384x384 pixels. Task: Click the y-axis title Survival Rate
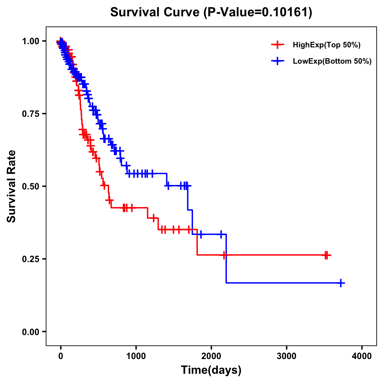pyautogui.click(x=12, y=186)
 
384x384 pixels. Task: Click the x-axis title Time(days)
pyautogui.click(x=211, y=370)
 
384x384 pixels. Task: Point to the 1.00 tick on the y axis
pyautogui.click(x=30, y=41)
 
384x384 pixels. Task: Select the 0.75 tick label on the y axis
pyautogui.click(x=30, y=114)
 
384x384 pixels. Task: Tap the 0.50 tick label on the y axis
pyautogui.click(x=30, y=186)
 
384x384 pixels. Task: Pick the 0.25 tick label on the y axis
pyautogui.click(x=30, y=259)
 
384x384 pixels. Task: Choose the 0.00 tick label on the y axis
pyautogui.click(x=30, y=332)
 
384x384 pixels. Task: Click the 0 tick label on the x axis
pyautogui.click(x=61, y=356)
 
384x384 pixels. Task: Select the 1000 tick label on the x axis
pyautogui.click(x=136, y=356)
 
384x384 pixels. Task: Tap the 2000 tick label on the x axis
pyautogui.click(x=211, y=356)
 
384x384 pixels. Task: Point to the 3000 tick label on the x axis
pyautogui.click(x=286, y=356)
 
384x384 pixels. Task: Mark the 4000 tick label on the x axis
pyautogui.click(x=362, y=356)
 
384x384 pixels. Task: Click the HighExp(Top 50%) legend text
pyautogui.click(x=327, y=45)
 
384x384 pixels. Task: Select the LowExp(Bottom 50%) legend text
pyautogui.click(x=332, y=61)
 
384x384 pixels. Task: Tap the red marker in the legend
pyautogui.click(x=277, y=45)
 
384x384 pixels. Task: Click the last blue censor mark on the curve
pyautogui.click(x=341, y=283)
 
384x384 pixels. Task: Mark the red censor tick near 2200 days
pyautogui.click(x=225, y=255)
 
